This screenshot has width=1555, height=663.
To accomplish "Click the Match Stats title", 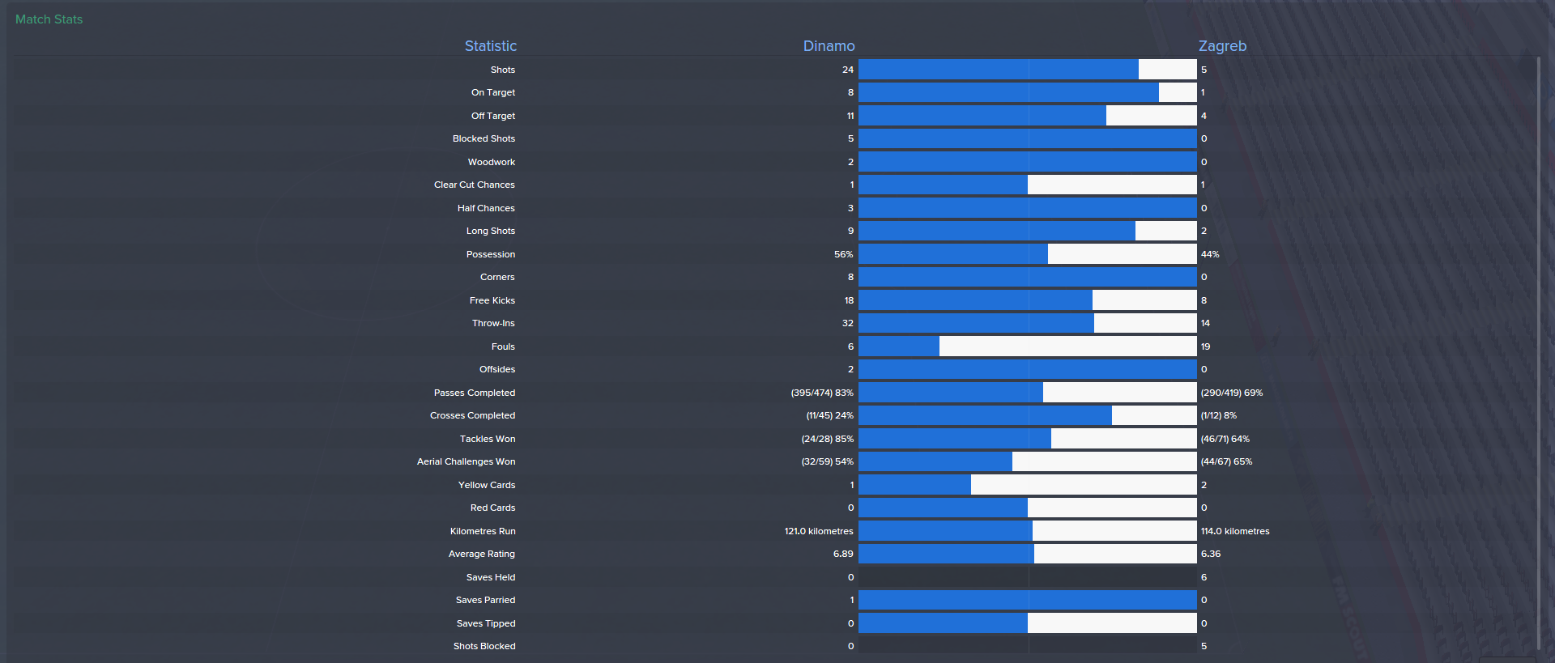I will coord(49,19).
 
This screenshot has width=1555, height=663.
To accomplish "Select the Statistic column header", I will coord(490,46).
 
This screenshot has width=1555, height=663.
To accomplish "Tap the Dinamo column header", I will coord(829,46).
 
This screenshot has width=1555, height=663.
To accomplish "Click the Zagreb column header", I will coord(1222,46).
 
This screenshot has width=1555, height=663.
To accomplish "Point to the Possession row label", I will coord(490,254).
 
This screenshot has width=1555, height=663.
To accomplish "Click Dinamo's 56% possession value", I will coord(843,254).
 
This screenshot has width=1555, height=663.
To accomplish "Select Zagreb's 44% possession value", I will coord(1210,254).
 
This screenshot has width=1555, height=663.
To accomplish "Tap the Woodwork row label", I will coord(491,162).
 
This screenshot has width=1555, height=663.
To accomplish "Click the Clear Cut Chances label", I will coord(474,185).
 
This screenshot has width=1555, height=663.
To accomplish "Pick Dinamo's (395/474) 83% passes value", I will coord(822,393).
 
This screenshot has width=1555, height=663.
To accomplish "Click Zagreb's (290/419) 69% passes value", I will coord(1232,393).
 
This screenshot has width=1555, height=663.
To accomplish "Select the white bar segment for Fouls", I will coord(1067,346).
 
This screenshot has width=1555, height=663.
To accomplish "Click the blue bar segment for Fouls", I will coord(899,346).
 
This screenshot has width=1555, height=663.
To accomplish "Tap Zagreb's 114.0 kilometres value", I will coord(1235,531).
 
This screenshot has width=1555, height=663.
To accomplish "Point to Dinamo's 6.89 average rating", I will coord(843,554).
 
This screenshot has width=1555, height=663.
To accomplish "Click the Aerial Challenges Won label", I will coord(466,461).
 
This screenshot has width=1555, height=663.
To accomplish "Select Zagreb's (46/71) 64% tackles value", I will coord(1225,439).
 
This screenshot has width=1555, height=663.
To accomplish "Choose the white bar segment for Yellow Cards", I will coord(1084,485).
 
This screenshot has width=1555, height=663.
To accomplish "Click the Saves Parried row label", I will coord(485,600).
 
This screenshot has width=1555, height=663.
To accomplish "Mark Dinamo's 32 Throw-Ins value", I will coord(847,323).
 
